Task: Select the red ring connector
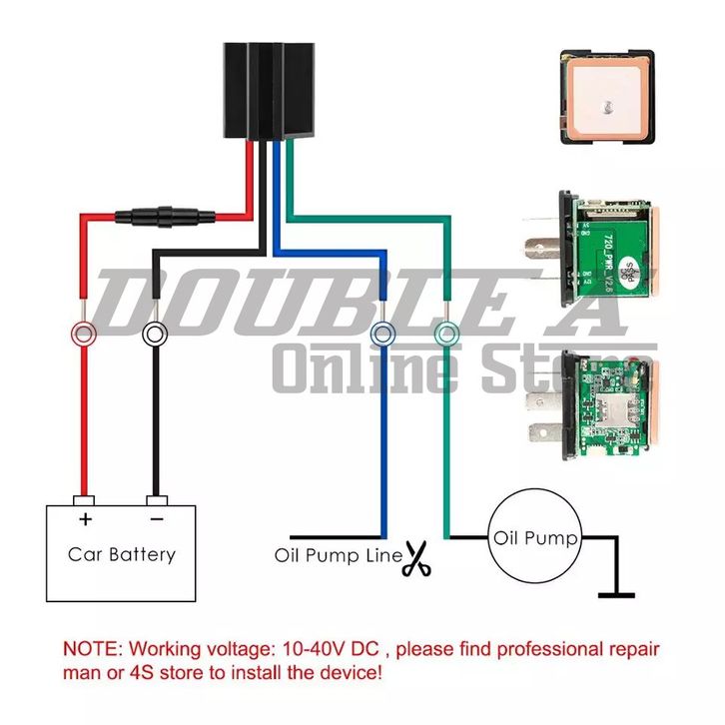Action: [83, 333]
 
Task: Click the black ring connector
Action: [155, 333]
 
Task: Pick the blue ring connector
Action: [381, 333]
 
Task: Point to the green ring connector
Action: [446, 333]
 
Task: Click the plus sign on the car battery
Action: [86, 519]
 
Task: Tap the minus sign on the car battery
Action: [155, 519]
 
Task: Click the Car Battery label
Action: [122, 553]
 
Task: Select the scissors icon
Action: [416, 559]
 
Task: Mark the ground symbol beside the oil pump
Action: [615, 593]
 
